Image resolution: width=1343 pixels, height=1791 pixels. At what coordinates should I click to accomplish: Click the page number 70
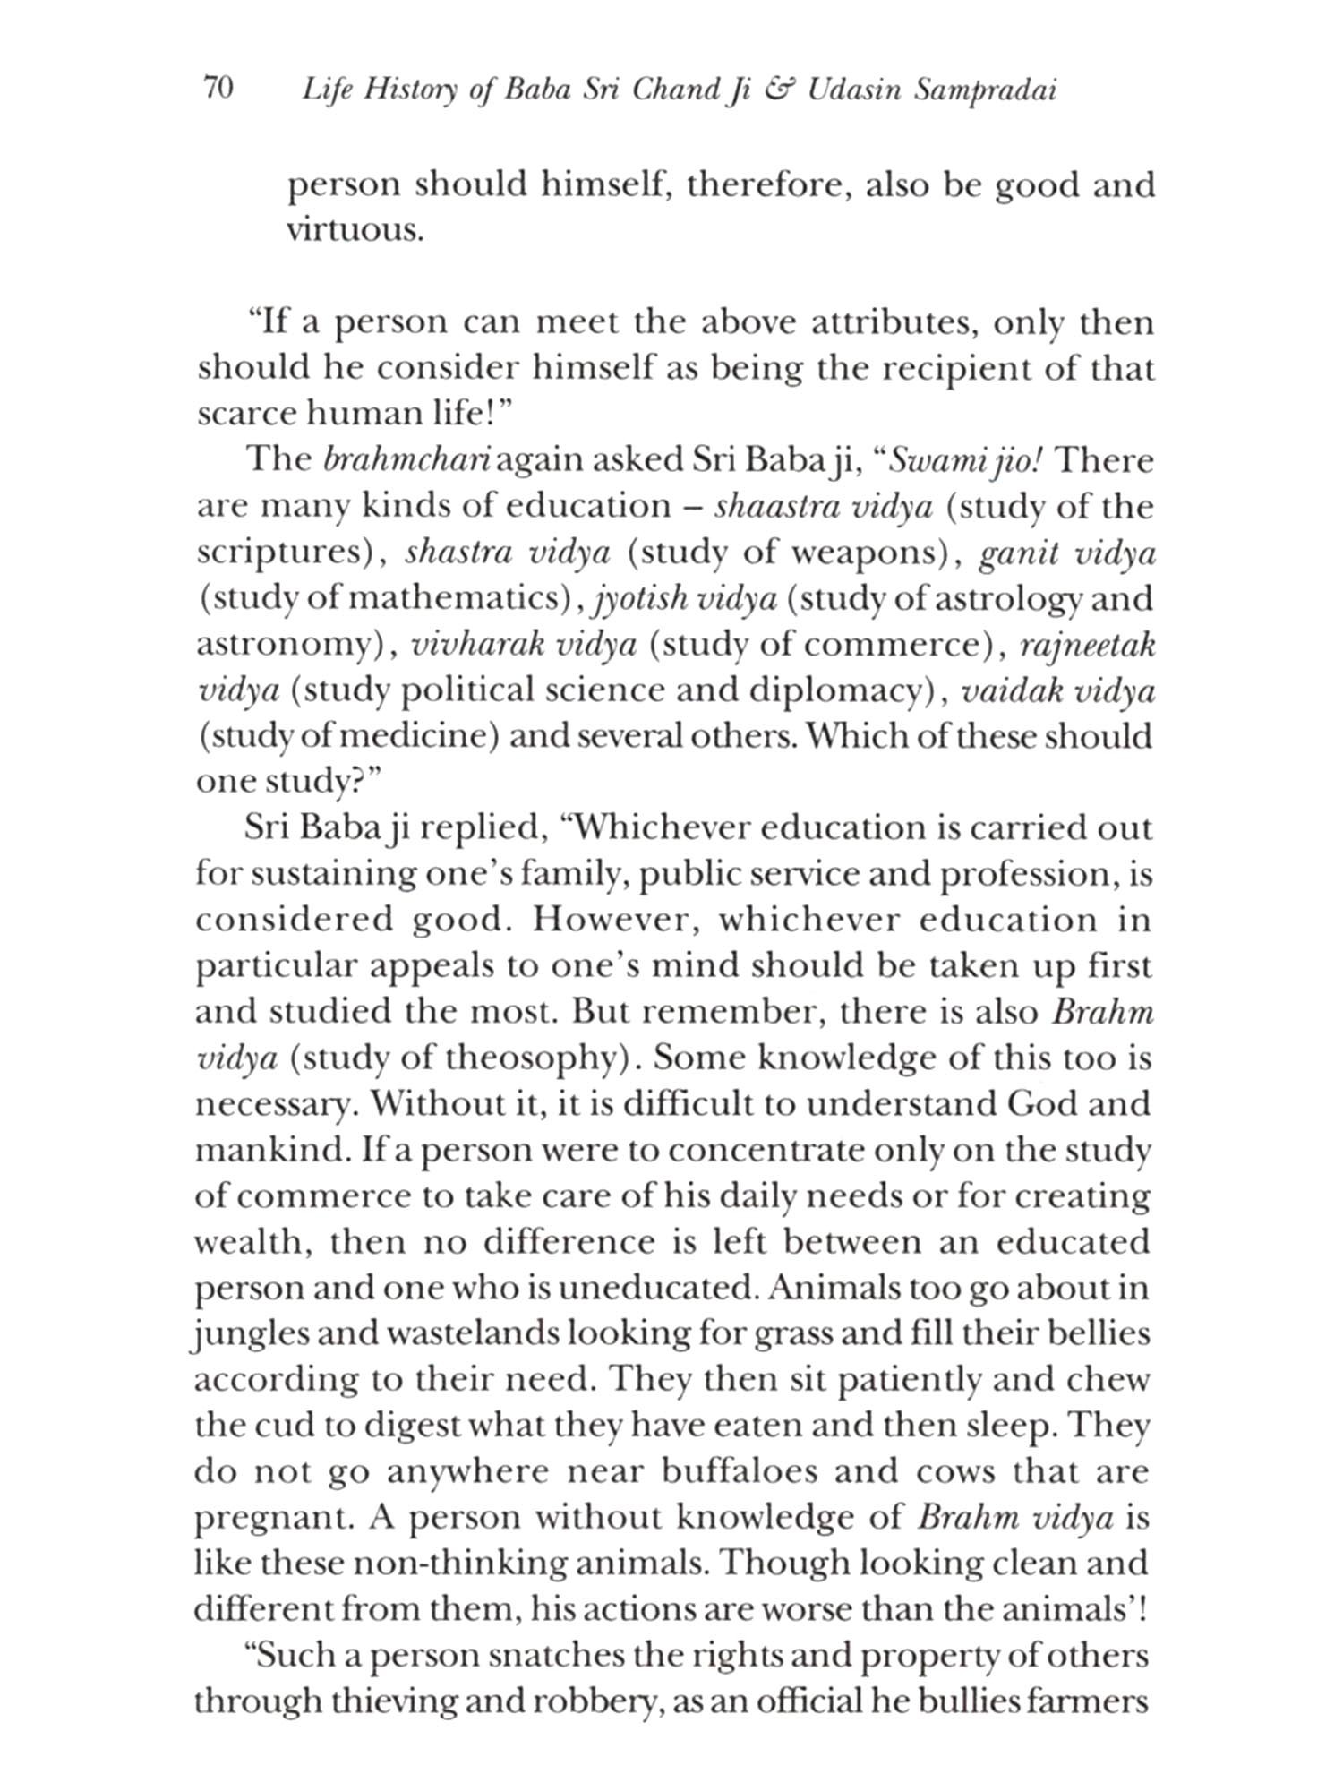pos(218,90)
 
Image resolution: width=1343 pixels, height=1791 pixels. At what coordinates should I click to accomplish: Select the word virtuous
pos(355,230)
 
